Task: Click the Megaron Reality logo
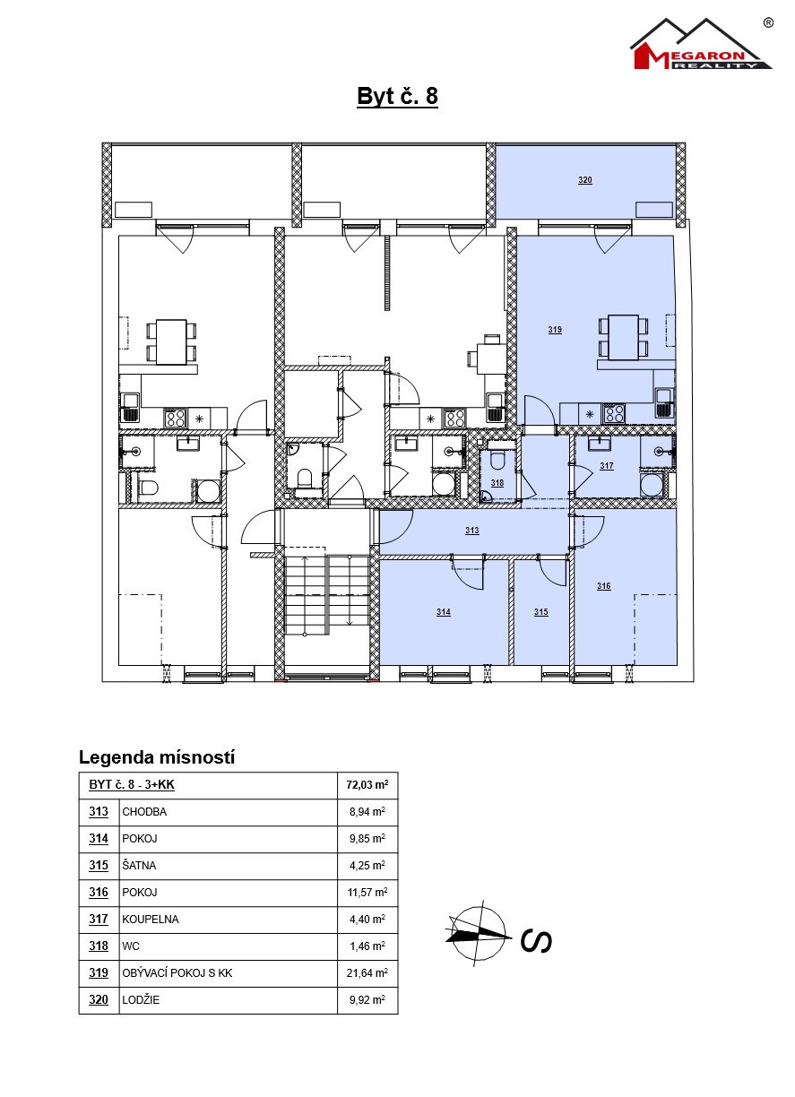tap(702, 44)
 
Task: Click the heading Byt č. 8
tap(397, 96)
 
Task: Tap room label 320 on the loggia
tap(585, 180)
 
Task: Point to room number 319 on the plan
tap(555, 330)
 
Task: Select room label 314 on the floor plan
tap(444, 611)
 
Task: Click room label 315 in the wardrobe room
tap(540, 611)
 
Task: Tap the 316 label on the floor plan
tap(603, 586)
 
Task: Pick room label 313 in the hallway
tap(471, 530)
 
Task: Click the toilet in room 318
tap(497, 462)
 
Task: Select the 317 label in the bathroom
tap(607, 466)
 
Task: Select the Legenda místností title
tap(157, 757)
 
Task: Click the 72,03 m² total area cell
tap(367, 784)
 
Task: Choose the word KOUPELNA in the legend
tap(151, 920)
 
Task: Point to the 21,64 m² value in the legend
tap(367, 973)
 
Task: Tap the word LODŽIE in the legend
tap(141, 999)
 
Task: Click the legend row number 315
tap(99, 866)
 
